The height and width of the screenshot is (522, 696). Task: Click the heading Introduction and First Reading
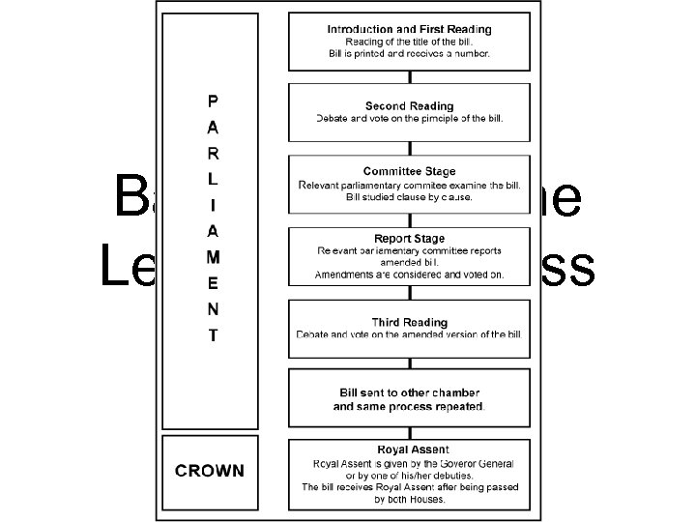click(409, 30)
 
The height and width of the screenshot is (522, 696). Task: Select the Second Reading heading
click(409, 104)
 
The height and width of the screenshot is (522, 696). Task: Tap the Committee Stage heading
click(409, 171)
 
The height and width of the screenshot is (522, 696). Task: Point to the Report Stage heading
click(409, 238)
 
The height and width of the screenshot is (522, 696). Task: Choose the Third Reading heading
click(409, 321)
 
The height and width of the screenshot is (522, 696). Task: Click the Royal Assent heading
click(409, 449)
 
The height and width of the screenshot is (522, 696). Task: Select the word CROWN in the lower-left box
click(210, 471)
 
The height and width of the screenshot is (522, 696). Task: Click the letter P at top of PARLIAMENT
click(213, 100)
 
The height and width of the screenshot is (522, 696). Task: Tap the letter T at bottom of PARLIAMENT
click(213, 336)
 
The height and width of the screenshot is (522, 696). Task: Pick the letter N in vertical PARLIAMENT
click(213, 310)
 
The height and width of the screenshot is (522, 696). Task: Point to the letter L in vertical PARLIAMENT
click(213, 179)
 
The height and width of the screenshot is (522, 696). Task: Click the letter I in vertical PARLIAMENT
click(213, 205)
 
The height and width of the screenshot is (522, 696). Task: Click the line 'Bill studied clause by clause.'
click(409, 197)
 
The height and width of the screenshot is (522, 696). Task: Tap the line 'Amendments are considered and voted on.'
click(409, 275)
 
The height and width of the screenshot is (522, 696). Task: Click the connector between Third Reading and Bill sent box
click(409, 363)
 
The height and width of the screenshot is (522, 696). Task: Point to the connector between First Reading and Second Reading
click(409, 76)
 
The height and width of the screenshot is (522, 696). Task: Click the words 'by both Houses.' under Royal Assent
click(409, 501)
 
